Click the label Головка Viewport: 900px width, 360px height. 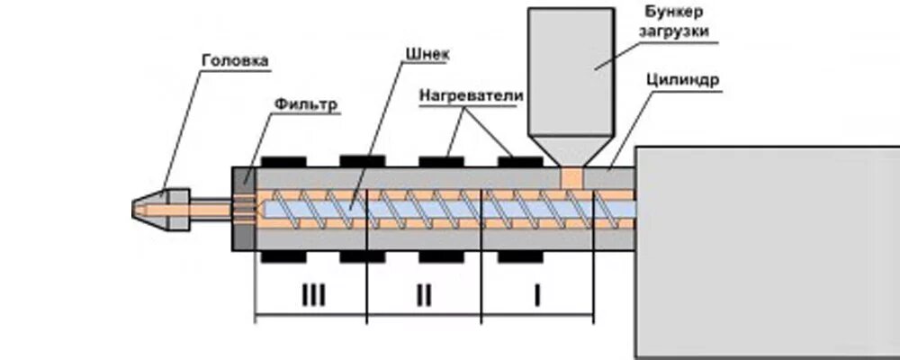coord(235,61)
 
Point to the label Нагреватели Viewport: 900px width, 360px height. coord(472,94)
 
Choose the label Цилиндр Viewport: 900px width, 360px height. coord(682,79)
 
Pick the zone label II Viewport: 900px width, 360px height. coord(425,294)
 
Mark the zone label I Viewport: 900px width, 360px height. coord(537,294)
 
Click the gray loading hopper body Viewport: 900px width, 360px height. coord(571,72)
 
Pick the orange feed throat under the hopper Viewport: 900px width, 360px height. coord(571,176)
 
